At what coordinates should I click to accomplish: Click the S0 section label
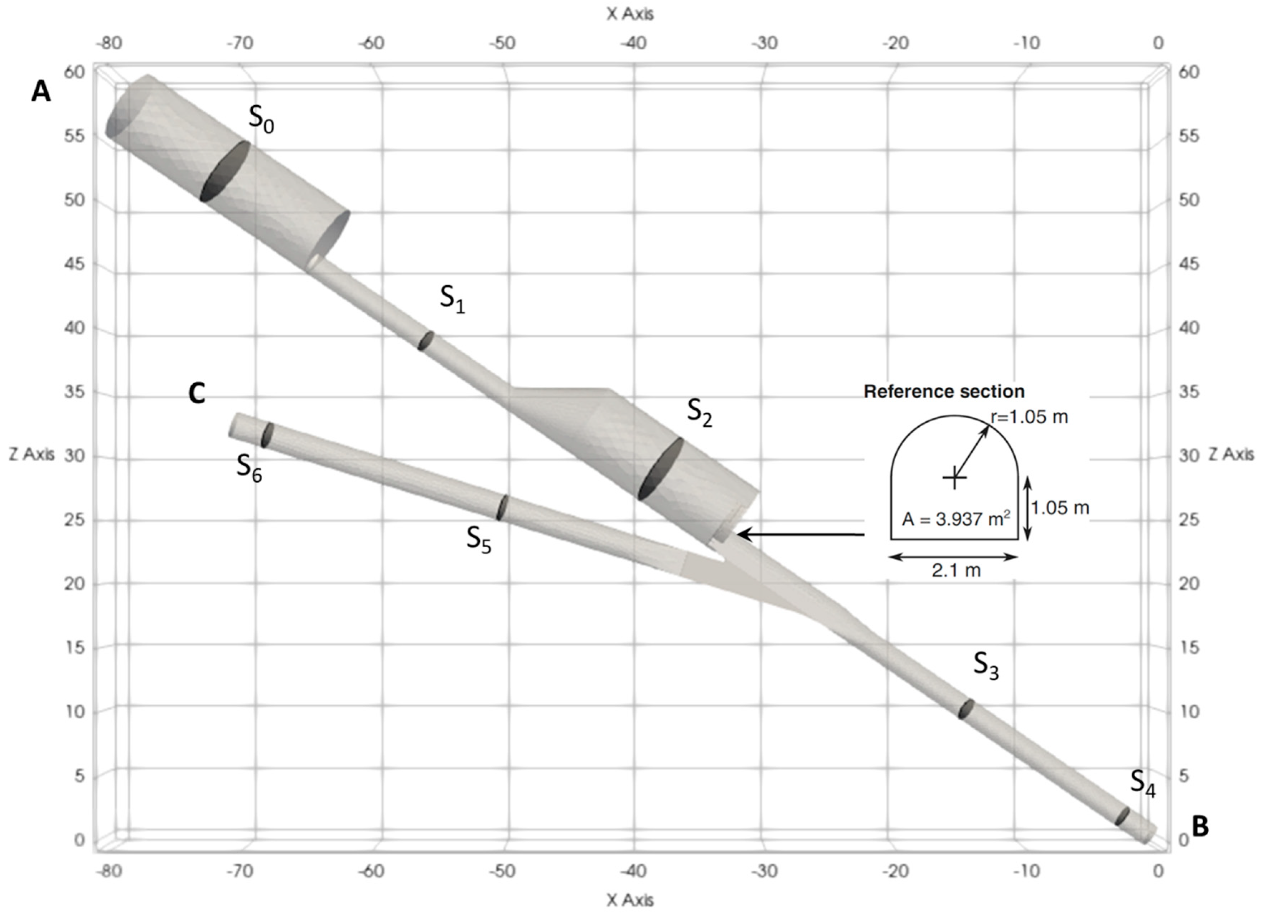[261, 119]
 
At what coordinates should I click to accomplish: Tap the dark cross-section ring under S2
[661, 468]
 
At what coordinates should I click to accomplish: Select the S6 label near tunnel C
[249, 467]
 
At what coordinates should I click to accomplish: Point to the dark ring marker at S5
[502, 507]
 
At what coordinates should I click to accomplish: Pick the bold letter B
[1200, 826]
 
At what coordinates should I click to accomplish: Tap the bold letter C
[197, 393]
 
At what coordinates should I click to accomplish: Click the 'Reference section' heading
[944, 391]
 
